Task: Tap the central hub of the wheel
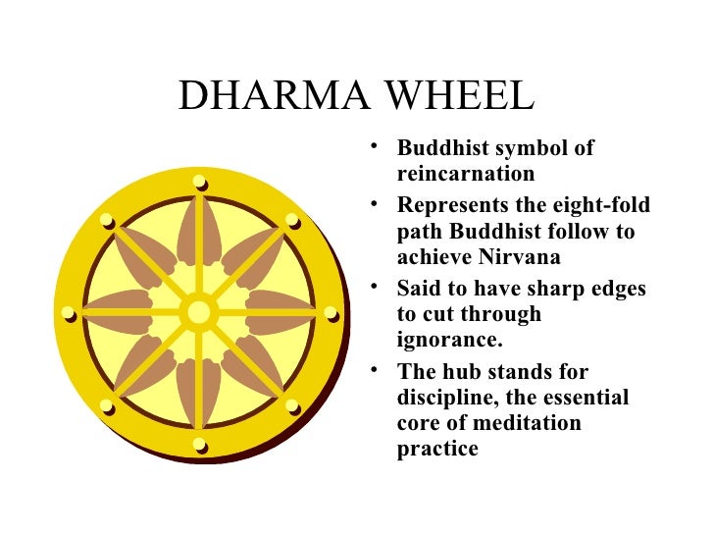pyautogui.click(x=199, y=313)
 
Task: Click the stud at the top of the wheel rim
pyautogui.click(x=199, y=181)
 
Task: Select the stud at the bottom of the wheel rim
pyautogui.click(x=199, y=446)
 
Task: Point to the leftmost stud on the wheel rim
pyautogui.click(x=68, y=313)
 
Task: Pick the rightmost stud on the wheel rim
pyautogui.click(x=331, y=313)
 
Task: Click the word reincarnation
pyautogui.click(x=466, y=175)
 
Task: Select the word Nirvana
pyautogui.click(x=501, y=257)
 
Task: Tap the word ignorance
pyautogui.click(x=447, y=340)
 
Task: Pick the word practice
pyautogui.click(x=437, y=450)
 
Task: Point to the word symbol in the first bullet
pyautogui.click(x=524, y=149)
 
